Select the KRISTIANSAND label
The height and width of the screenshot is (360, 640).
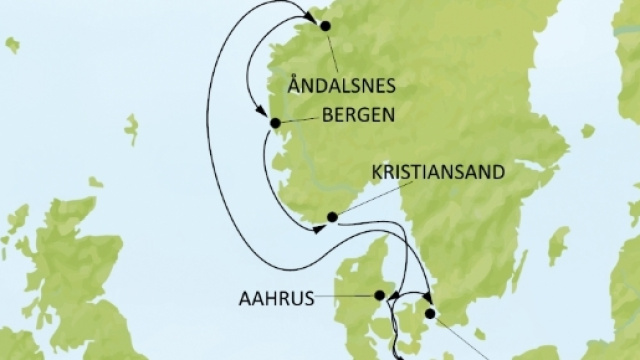click(437, 170)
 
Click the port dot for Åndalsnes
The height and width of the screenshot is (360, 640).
click(324, 27)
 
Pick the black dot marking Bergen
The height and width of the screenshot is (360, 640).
click(275, 123)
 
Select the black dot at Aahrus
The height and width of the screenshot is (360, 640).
click(379, 295)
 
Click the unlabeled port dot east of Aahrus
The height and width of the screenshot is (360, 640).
click(430, 314)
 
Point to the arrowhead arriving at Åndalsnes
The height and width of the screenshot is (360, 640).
click(310, 22)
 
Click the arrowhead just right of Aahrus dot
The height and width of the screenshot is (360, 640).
click(393, 297)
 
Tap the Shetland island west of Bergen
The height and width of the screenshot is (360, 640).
click(131, 129)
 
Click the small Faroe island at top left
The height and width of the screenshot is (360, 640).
click(12, 45)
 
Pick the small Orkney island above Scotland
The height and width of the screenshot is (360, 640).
click(95, 182)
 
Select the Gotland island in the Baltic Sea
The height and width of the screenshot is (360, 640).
click(557, 245)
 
